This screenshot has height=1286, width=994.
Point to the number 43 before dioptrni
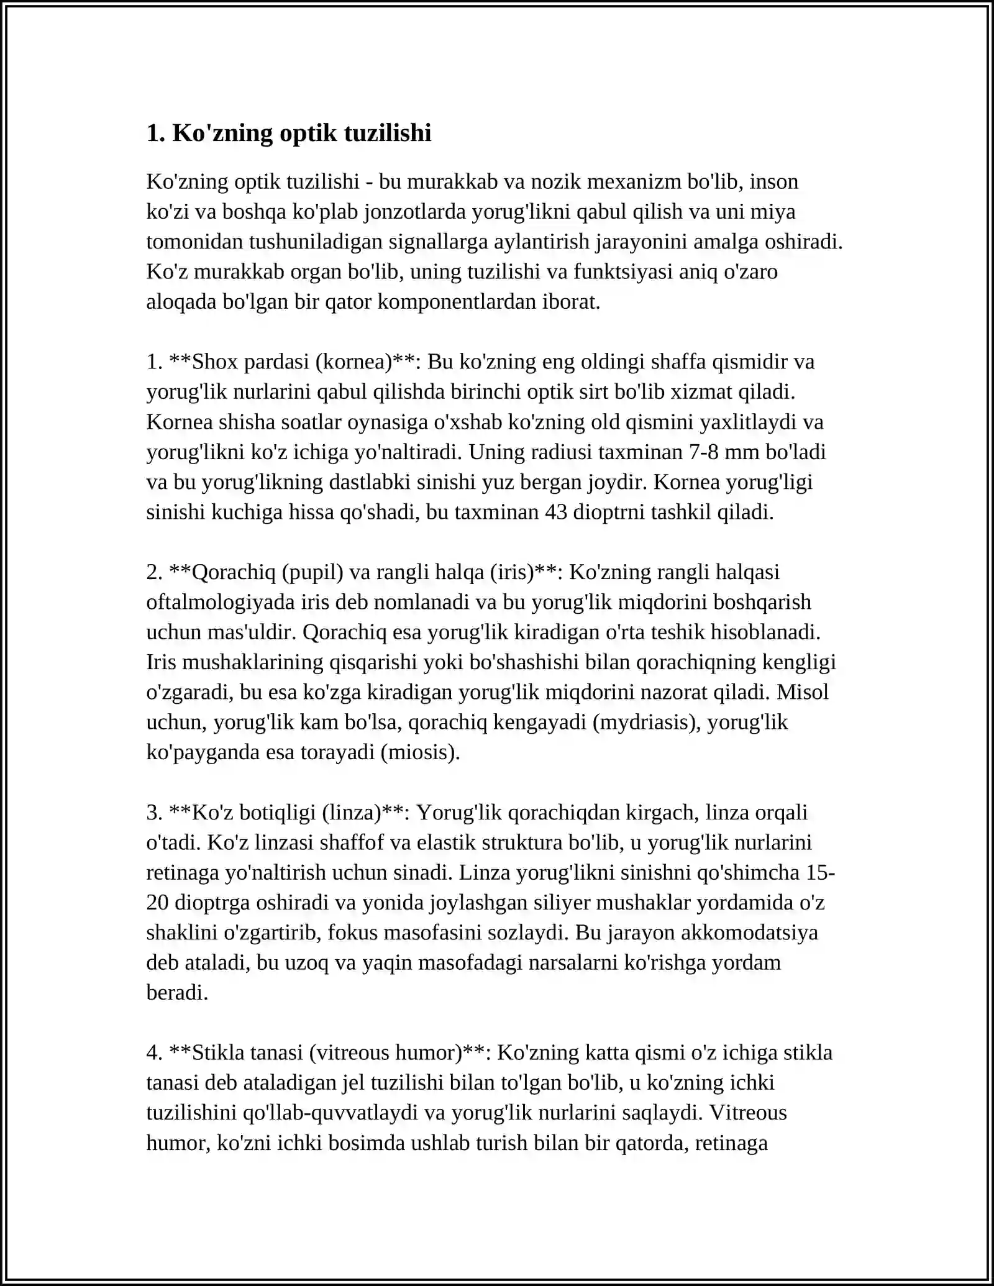(558, 512)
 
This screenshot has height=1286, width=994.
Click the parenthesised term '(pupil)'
(312, 572)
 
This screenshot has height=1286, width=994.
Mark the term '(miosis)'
(420, 752)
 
